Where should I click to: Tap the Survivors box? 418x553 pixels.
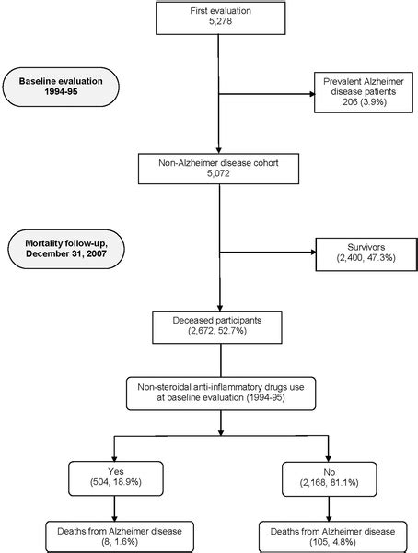(x=360, y=253)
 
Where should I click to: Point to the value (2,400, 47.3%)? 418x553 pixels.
(x=360, y=260)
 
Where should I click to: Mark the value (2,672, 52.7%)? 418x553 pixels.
(x=218, y=332)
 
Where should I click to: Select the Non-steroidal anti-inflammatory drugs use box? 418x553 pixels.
(x=218, y=392)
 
